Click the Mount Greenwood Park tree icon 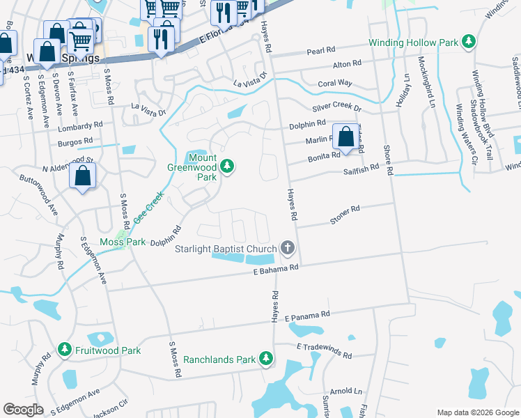pyautogui.click(x=227, y=166)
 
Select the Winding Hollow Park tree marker pyautogui.click(x=469, y=42)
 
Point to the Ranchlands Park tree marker pyautogui.click(x=265, y=359)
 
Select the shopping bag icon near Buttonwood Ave pyautogui.click(x=83, y=177)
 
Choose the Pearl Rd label pyautogui.click(x=321, y=51)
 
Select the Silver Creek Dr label pyautogui.click(x=337, y=109)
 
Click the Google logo pyautogui.click(x=23, y=410)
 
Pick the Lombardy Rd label pyautogui.click(x=81, y=127)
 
